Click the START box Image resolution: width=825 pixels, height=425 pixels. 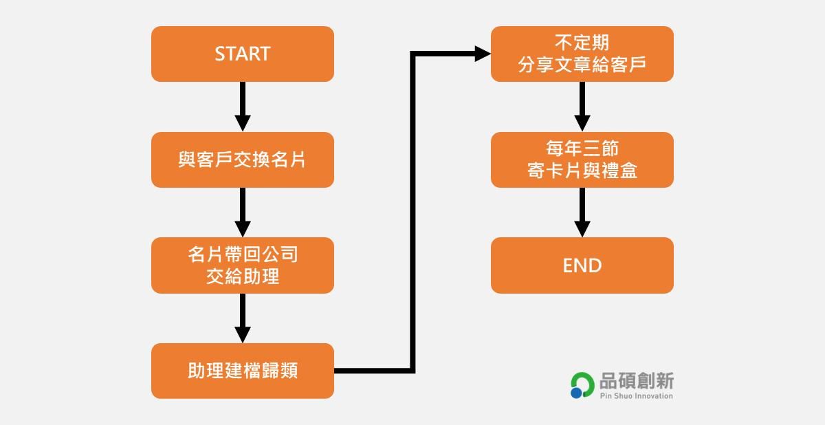[242, 54]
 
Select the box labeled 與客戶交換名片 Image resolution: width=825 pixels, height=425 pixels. [242, 160]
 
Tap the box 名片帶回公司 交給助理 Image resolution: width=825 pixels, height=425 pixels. [242, 265]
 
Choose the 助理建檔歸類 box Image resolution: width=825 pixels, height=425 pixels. [242, 371]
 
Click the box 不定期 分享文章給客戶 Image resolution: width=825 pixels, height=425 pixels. [582, 54]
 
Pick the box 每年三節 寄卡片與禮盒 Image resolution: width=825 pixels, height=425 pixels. [582, 160]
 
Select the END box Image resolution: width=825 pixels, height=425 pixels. [582, 265]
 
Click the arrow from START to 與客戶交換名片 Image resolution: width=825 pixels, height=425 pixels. [242, 107]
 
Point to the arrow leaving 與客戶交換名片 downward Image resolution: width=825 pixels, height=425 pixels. [242, 212]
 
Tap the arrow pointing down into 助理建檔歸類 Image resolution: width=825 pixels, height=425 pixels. [242, 318]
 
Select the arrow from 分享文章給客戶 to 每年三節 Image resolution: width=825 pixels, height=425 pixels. [582, 107]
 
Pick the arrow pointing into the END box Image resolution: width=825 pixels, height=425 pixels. [582, 212]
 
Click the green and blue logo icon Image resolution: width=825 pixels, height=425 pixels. [582, 386]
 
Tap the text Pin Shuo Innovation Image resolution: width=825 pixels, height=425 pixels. [636, 396]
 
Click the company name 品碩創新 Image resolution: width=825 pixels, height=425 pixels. [637, 381]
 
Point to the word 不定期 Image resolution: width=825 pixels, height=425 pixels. [582, 43]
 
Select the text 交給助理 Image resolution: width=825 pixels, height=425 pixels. [242, 276]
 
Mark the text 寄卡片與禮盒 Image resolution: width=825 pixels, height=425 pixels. [582, 171]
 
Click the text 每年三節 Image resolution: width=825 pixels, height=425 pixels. [582, 149]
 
